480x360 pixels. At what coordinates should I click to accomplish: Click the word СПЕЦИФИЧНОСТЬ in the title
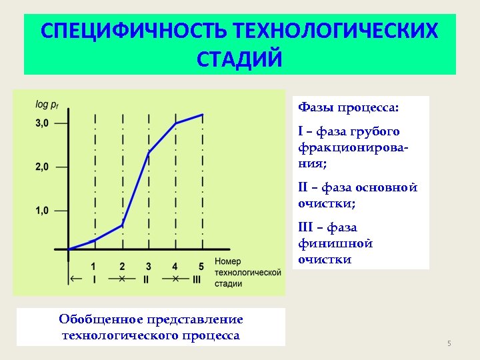[x=133, y=31]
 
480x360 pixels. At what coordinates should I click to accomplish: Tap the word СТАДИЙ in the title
[x=239, y=59]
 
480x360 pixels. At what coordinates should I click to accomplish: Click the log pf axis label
[x=47, y=104]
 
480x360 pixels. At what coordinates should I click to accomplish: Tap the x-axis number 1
[x=94, y=266]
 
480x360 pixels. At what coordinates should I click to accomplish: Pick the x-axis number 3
[x=148, y=266]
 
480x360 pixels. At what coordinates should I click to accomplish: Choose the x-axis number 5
[x=201, y=266]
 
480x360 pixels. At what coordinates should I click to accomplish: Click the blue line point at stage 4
[x=175, y=123]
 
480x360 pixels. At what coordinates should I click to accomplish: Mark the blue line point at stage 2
[x=122, y=225]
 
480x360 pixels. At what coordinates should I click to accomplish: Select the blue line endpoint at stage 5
[x=203, y=114]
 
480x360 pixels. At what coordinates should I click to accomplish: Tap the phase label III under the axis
[x=196, y=279]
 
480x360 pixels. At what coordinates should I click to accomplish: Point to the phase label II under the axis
[x=146, y=279]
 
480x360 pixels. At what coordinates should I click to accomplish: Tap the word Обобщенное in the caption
[x=103, y=319]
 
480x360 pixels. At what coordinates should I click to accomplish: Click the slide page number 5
[x=449, y=343]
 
